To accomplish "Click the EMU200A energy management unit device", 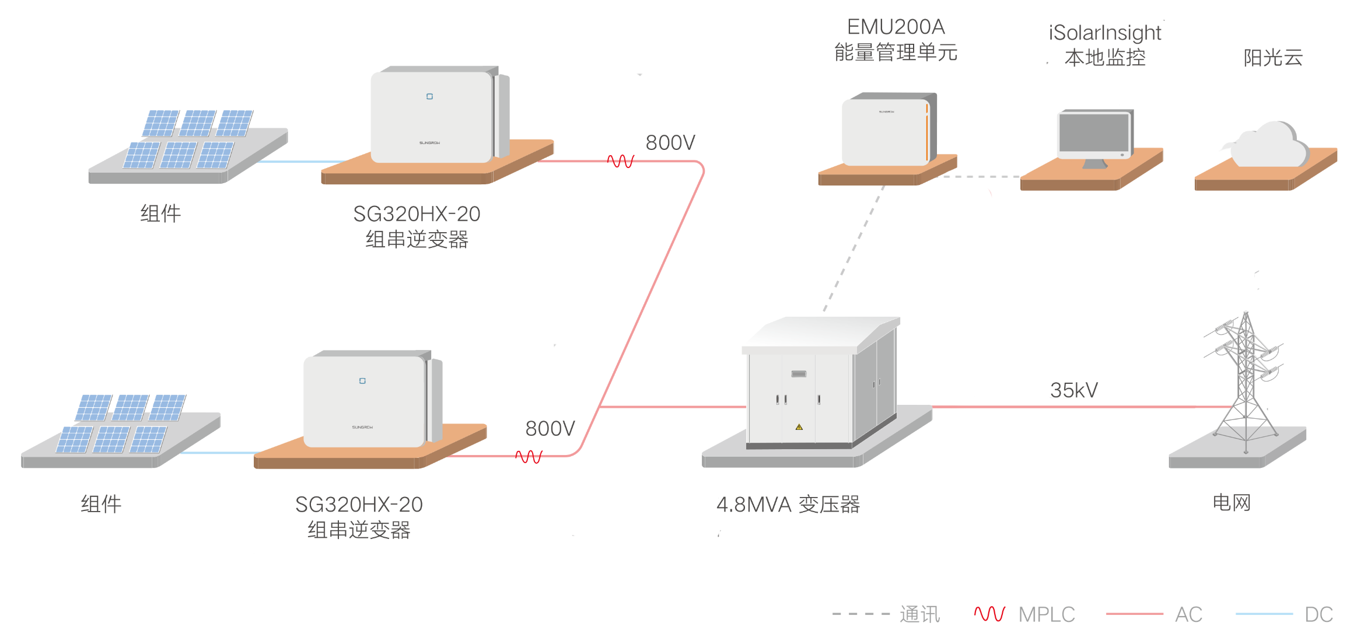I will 887,131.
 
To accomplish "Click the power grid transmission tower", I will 1246,379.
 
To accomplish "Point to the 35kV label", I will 1073,390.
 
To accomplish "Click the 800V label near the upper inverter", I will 670,142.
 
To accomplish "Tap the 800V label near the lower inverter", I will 550,429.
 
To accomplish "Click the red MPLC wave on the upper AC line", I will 621,161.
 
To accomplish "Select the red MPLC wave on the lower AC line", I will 529,456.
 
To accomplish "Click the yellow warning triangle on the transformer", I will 799,427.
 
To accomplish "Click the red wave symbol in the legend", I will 989,614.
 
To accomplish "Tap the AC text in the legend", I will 1188,614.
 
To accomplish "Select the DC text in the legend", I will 1318,614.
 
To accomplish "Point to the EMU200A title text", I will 896,27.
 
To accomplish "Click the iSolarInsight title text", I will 1104,33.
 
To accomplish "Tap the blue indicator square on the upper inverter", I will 429,96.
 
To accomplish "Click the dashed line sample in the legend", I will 861,614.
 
